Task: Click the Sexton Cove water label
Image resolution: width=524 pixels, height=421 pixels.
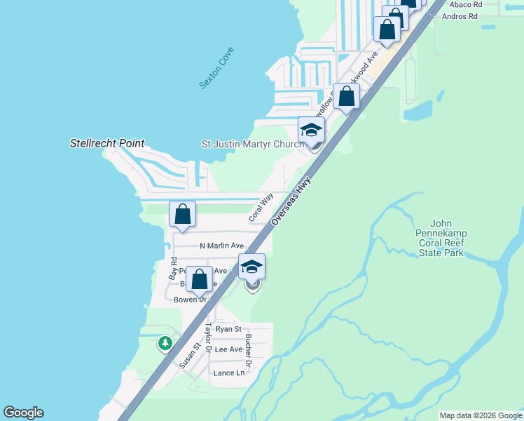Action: (216, 68)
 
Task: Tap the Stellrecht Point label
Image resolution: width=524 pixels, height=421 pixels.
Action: (107, 143)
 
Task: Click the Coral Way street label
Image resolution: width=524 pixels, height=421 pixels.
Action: (260, 208)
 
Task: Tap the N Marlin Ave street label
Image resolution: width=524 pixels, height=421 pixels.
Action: (221, 246)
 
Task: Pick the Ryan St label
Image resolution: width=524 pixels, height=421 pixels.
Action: (228, 328)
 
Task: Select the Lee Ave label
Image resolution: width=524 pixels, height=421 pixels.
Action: (228, 349)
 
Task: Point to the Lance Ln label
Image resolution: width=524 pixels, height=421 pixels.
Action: (229, 373)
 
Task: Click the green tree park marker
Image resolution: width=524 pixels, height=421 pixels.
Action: (165, 343)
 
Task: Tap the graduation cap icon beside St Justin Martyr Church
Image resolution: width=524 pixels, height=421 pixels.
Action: (312, 129)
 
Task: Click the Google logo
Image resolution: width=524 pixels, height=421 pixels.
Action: (23, 413)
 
